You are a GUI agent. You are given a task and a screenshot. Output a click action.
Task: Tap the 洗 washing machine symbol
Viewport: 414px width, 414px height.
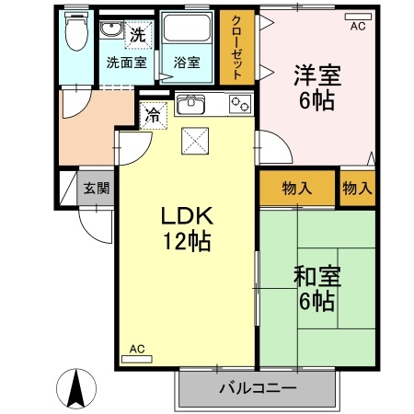(x=137, y=37)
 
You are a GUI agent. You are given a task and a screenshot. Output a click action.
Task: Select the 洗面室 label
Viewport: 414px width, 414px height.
(x=126, y=63)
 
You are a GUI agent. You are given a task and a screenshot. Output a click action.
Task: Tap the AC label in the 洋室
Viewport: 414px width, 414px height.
(x=357, y=26)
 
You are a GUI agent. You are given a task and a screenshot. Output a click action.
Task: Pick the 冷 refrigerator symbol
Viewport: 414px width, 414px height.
(x=150, y=116)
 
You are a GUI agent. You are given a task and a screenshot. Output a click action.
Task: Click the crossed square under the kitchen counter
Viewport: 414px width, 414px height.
(x=195, y=140)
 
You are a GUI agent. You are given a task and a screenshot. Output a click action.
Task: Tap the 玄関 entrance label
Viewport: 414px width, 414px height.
(x=97, y=189)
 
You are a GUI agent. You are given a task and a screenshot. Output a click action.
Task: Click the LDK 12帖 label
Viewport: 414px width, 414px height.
(x=188, y=228)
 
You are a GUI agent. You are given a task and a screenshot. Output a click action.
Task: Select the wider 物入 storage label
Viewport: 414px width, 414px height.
(x=296, y=189)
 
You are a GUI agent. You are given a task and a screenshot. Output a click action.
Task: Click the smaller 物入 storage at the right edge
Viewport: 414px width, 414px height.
(x=357, y=189)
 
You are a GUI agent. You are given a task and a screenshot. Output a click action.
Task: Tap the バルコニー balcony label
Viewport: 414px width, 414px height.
(x=258, y=388)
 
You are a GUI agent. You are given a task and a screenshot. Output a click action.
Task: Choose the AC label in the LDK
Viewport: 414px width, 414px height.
(x=136, y=349)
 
